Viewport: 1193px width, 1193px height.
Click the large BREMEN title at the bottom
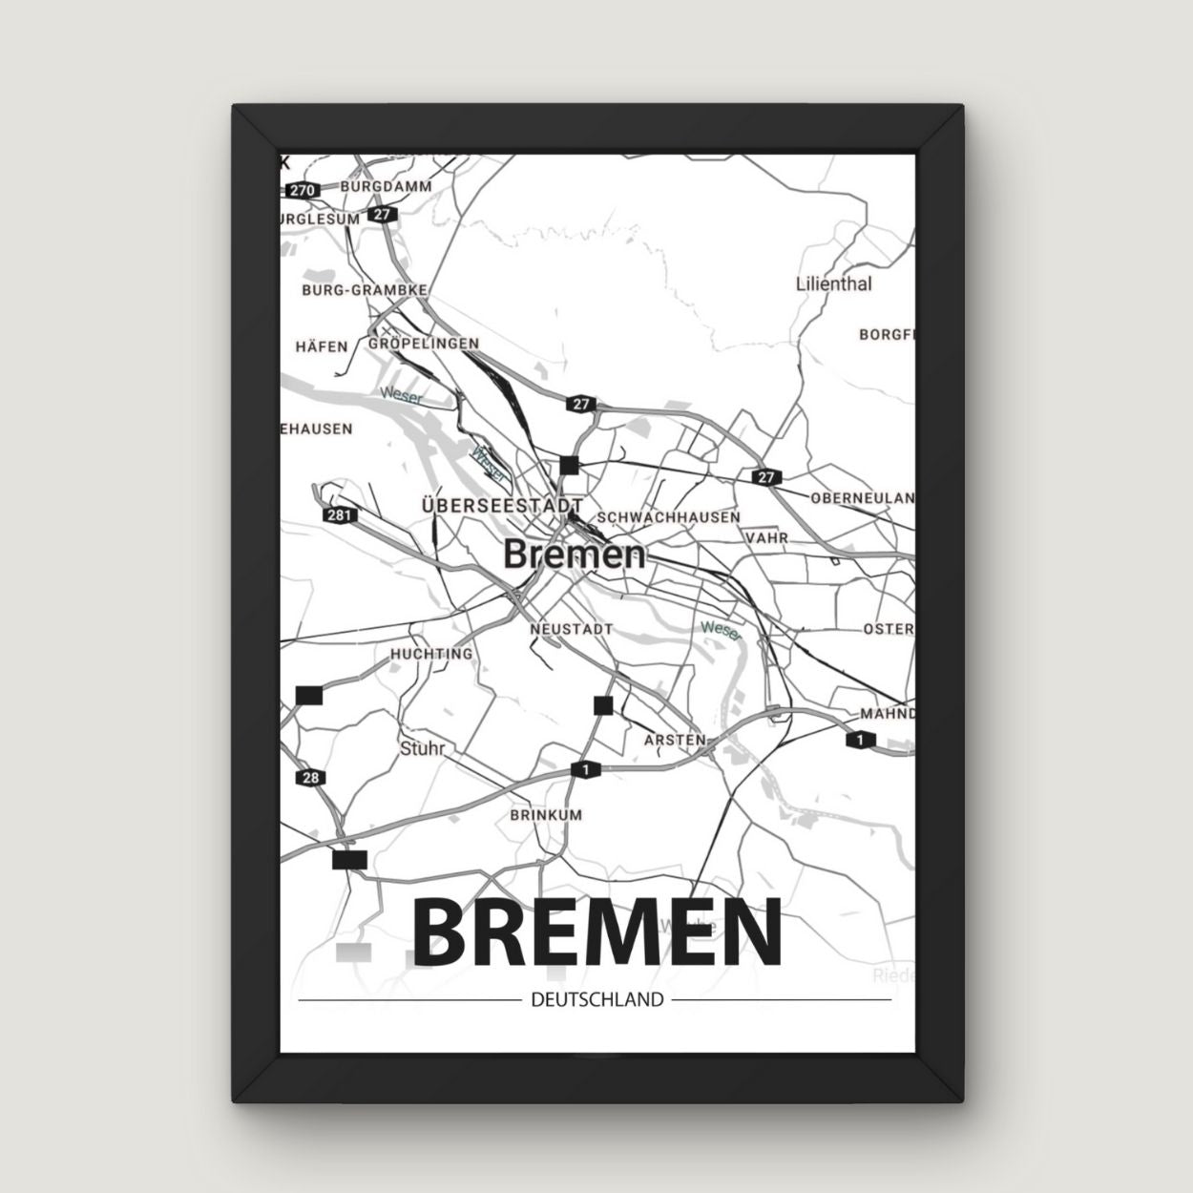coord(596,932)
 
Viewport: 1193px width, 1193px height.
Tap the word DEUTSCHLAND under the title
coord(595,1000)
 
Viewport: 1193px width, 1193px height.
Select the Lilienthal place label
coord(833,283)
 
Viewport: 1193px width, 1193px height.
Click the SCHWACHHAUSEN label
coord(668,517)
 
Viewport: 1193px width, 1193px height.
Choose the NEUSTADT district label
coord(572,630)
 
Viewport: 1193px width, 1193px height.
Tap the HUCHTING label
coord(431,654)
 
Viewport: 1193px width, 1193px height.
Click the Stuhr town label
coord(423,748)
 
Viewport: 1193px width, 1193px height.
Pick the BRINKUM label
coord(546,816)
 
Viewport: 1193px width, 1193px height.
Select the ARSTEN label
coord(675,740)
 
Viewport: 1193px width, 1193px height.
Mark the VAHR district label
coord(768,537)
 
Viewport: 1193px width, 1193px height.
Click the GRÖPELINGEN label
coord(424,344)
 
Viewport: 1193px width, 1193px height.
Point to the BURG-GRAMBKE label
coord(364,289)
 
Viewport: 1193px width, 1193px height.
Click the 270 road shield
coord(302,190)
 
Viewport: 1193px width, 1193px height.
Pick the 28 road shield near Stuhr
coord(310,778)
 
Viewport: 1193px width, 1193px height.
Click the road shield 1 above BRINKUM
coord(584,769)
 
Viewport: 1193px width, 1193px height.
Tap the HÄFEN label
coord(322,346)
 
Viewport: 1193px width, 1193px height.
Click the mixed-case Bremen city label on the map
coord(575,555)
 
